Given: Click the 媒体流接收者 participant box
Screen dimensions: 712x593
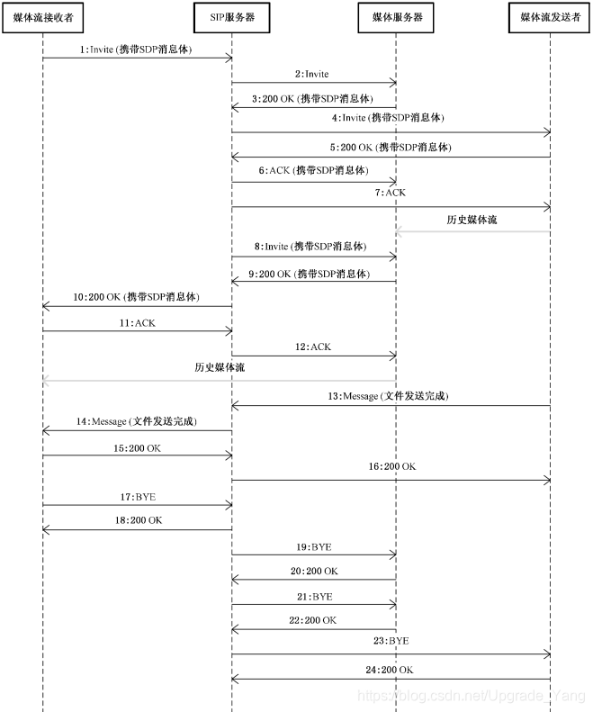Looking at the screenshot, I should [42, 17].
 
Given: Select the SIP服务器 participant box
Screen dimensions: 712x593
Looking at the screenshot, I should [231, 17].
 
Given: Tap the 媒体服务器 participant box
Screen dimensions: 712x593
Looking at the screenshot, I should [397, 17].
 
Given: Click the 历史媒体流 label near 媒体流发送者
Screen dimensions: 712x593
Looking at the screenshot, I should [472, 220].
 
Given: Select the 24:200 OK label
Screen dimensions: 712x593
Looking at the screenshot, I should [390, 669].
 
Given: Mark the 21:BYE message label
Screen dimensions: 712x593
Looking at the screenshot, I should [314, 596].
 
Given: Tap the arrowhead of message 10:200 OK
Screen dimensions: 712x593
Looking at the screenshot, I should [46, 306].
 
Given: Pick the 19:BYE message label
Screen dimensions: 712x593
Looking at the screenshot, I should [314, 545].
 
